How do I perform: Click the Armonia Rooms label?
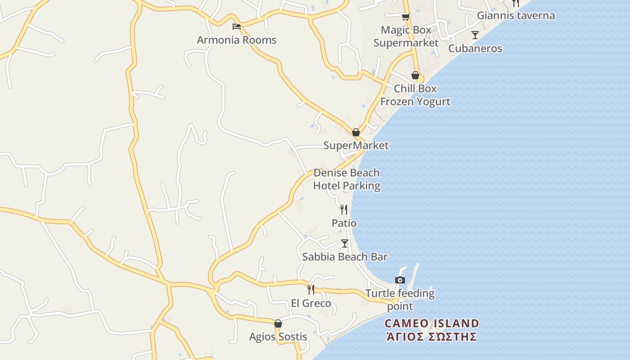tap(236, 40)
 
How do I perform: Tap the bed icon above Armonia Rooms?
tap(237, 27)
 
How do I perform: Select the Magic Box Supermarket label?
tap(406, 36)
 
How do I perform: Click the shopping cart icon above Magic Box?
tap(405, 17)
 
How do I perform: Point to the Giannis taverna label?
tap(516, 16)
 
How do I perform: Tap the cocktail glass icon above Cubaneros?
tap(475, 35)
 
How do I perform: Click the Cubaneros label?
tap(475, 49)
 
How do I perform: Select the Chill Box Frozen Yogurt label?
tap(415, 95)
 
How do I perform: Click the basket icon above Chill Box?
tap(415, 75)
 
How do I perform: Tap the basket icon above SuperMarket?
tap(356, 132)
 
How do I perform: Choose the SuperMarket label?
tap(356, 145)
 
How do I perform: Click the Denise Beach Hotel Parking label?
tap(346, 179)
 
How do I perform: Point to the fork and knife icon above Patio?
tap(344, 209)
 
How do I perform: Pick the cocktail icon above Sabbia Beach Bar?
tap(345, 243)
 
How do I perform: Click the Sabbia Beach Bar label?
tap(345, 257)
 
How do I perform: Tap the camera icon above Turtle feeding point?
tap(400, 280)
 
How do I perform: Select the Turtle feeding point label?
tap(400, 300)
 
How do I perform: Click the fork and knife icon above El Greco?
tap(311, 289)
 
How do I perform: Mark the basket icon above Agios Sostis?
tap(278, 324)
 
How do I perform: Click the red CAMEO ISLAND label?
tap(432, 324)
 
